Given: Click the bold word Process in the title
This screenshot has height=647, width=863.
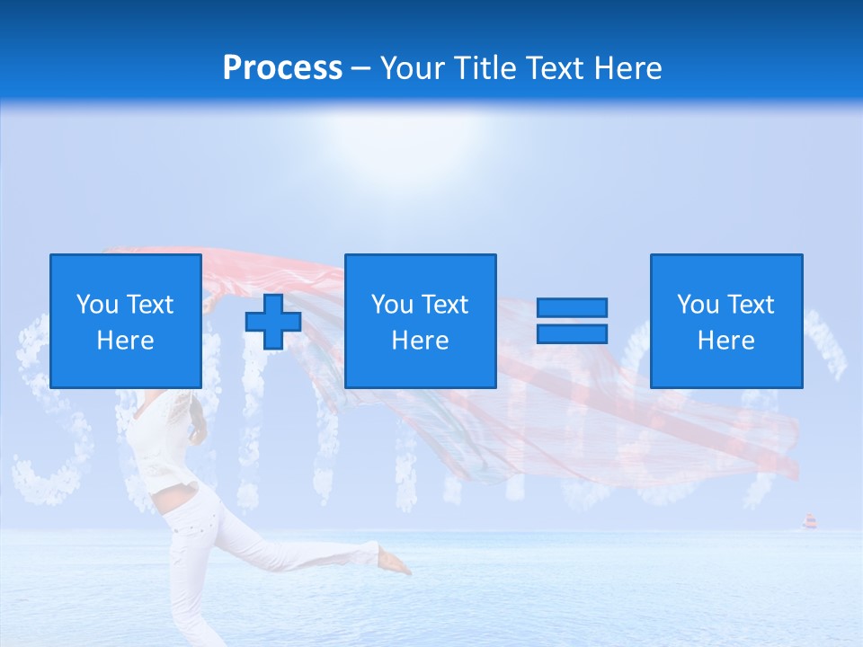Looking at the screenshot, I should tap(282, 68).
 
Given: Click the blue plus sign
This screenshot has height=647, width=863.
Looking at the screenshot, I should tap(273, 321).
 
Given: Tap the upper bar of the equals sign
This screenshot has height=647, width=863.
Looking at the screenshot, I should tap(572, 308).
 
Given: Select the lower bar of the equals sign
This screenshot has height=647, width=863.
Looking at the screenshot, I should tap(572, 333).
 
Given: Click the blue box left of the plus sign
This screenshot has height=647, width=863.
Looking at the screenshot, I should tap(126, 321).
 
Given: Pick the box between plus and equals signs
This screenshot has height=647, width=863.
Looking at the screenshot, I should tap(420, 321).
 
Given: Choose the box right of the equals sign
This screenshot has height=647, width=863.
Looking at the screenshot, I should tap(726, 321).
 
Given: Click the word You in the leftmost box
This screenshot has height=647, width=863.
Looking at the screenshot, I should tap(97, 305).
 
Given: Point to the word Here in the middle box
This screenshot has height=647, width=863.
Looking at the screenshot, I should tap(420, 341).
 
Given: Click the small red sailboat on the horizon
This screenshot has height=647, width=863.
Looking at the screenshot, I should tap(808, 521).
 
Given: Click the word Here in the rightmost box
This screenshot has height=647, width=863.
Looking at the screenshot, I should tap(726, 341).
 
